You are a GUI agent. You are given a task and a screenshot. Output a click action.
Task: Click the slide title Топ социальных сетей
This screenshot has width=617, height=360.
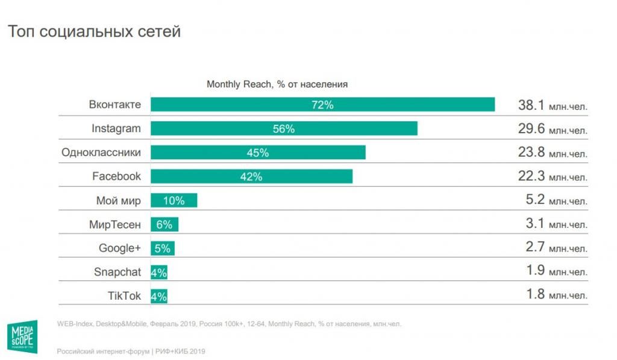click(94, 32)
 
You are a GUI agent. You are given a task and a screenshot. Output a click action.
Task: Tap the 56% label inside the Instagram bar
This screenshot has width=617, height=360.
click(283, 128)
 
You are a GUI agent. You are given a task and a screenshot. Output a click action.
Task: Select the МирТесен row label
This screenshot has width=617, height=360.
click(114, 224)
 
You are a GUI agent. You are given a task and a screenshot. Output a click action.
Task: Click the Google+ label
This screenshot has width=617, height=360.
click(119, 248)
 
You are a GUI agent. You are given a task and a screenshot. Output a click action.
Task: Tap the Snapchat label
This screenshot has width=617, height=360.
click(117, 272)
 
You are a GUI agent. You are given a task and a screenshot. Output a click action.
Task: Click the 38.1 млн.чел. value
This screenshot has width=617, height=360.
click(552, 105)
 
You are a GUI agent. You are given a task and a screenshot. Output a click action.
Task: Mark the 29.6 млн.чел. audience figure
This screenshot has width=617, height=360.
click(552, 129)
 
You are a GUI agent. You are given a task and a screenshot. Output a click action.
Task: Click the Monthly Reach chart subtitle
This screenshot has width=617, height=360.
click(277, 84)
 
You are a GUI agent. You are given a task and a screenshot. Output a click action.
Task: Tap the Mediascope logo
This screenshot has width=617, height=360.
click(24, 336)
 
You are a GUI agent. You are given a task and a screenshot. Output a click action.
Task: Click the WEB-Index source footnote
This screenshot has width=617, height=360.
click(229, 324)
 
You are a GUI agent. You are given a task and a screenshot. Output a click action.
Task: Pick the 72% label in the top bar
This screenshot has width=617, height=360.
click(322, 105)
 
